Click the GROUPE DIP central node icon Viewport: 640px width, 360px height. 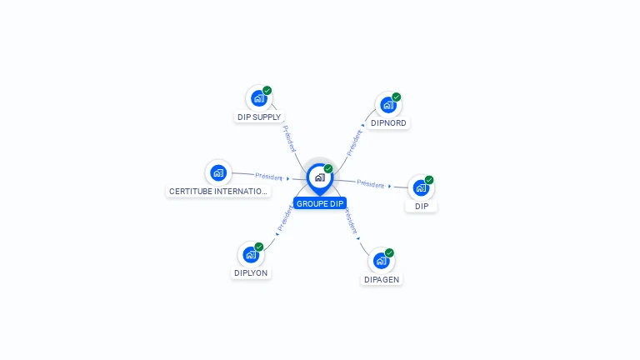click(x=319, y=177)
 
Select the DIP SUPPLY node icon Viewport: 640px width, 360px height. click(x=258, y=98)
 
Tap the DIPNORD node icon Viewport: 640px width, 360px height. click(x=387, y=105)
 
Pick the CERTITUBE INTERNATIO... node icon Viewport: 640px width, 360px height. click(x=218, y=172)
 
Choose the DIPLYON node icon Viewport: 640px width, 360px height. click(x=251, y=255)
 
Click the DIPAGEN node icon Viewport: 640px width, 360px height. click(x=381, y=261)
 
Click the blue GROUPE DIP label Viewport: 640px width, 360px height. click(x=320, y=203)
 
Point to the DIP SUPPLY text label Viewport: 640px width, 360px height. click(x=259, y=117)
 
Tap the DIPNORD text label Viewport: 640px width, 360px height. click(x=388, y=123)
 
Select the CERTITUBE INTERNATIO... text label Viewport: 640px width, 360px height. click(x=218, y=191)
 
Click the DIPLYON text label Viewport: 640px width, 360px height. click(x=251, y=272)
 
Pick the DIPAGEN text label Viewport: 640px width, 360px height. click(x=382, y=280)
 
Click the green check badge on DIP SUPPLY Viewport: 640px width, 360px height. click(x=267, y=91)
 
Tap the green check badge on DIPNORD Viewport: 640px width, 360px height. click(x=397, y=97)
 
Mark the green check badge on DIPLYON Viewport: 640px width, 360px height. click(x=259, y=247)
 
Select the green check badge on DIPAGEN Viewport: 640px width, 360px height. click(x=389, y=253)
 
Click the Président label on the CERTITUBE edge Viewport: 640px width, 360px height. click(x=269, y=177)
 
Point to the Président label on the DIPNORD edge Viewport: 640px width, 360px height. click(x=354, y=142)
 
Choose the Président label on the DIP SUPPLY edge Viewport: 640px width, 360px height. click(x=288, y=137)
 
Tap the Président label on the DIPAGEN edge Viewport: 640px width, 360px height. click(x=351, y=222)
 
